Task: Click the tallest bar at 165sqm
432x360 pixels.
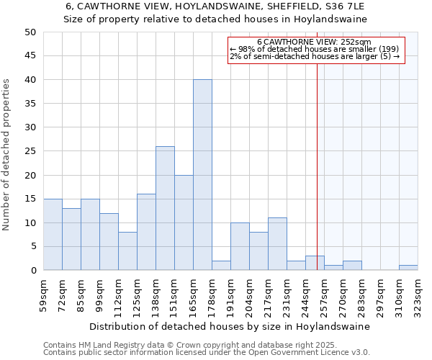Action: (202, 175)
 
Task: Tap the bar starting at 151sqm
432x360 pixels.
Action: (184, 222)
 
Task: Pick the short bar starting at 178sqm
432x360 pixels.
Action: (221, 266)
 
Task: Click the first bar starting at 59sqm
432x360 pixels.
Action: (53, 235)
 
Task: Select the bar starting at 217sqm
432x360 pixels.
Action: (277, 244)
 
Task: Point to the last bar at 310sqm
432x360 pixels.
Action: (408, 268)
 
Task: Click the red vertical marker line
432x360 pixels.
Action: (317, 166)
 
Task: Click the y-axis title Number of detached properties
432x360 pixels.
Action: (7, 155)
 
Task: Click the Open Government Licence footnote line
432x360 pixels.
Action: (207, 352)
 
